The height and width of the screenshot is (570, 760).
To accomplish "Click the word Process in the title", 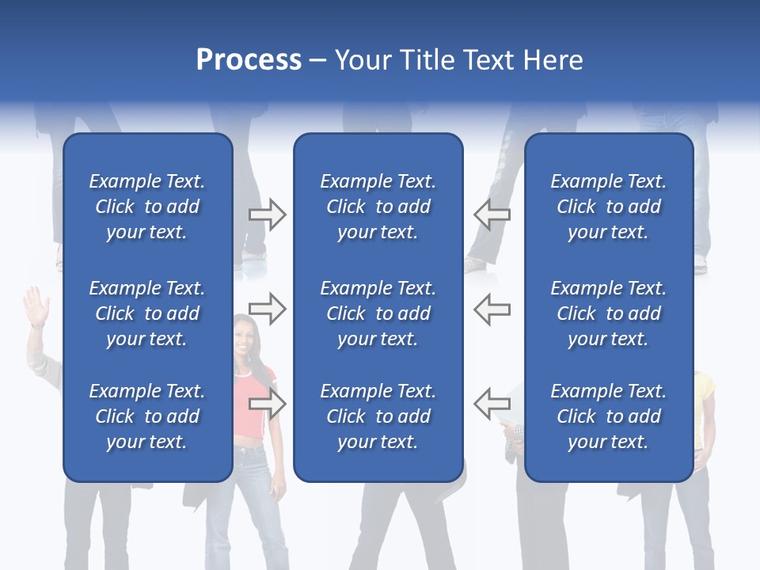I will coord(249,60).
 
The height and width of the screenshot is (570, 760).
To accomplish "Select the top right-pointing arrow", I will coord(267,215).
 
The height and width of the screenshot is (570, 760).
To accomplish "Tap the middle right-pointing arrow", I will coord(267,309).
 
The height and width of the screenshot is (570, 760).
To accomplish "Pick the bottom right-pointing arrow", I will coord(267,404).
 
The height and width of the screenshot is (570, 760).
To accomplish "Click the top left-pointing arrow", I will coord(492,215).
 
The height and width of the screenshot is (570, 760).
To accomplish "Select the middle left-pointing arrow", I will coord(492,309).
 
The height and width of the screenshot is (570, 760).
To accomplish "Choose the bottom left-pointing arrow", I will coord(492,404).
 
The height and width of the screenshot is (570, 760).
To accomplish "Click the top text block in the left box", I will coord(147,207).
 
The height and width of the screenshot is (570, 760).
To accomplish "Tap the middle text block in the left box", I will coord(147,313).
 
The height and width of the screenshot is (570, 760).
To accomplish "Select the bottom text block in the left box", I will coord(147,416).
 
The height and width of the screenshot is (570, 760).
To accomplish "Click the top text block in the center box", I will coord(378,207).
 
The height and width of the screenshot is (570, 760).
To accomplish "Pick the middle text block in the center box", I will coord(378,313).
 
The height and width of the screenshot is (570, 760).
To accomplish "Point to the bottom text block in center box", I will coord(378,416).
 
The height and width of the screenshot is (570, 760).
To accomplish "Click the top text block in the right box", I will coord(608,207).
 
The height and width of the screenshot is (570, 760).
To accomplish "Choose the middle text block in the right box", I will coord(608,313).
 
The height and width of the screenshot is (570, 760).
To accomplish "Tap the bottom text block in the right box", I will coord(608,416).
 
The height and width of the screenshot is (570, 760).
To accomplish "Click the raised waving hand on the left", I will coord(36,305).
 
